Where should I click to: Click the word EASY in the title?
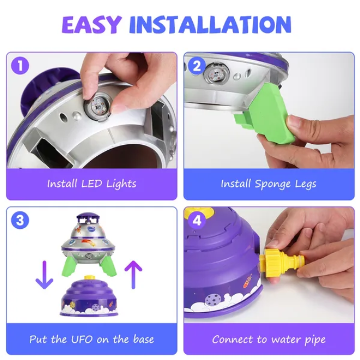[91, 25]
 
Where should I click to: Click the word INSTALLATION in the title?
[210, 25]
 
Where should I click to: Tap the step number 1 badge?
[20, 65]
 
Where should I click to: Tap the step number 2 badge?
[197, 66]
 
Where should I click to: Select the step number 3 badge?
[20, 220]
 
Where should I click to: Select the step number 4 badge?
[197, 221]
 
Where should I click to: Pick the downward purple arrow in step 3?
[44, 275]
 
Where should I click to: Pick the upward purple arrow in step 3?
[133, 274]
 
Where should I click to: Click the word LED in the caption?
[91, 184]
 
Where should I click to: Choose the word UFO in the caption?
[82, 339]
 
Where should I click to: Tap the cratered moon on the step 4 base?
[213, 300]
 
